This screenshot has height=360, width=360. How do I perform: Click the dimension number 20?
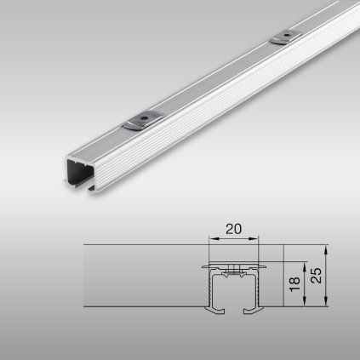point(233,229)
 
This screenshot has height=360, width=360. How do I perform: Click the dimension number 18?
point(295,284)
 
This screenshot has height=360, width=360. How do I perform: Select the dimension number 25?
point(317,275)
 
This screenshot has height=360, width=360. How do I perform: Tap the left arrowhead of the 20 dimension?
point(213,239)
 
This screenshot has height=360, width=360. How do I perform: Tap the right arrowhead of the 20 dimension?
point(254,239)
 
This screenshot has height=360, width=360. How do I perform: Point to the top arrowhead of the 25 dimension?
point(326,249)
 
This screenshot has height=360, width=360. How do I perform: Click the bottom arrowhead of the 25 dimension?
point(326,302)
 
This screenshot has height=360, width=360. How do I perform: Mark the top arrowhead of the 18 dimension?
point(305,266)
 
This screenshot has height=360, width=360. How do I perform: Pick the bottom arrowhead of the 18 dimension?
point(305,302)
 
